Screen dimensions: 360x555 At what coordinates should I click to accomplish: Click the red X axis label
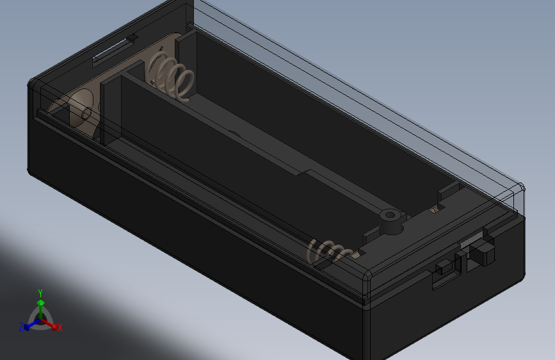point(60,327)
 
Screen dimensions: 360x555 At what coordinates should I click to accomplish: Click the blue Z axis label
point(21,327)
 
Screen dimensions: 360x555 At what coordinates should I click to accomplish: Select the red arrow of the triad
point(52,324)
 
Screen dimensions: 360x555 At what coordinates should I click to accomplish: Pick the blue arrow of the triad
point(29,324)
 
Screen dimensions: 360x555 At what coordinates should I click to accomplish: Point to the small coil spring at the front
point(328,250)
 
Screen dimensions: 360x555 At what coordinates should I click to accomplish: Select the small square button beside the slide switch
point(443,268)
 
